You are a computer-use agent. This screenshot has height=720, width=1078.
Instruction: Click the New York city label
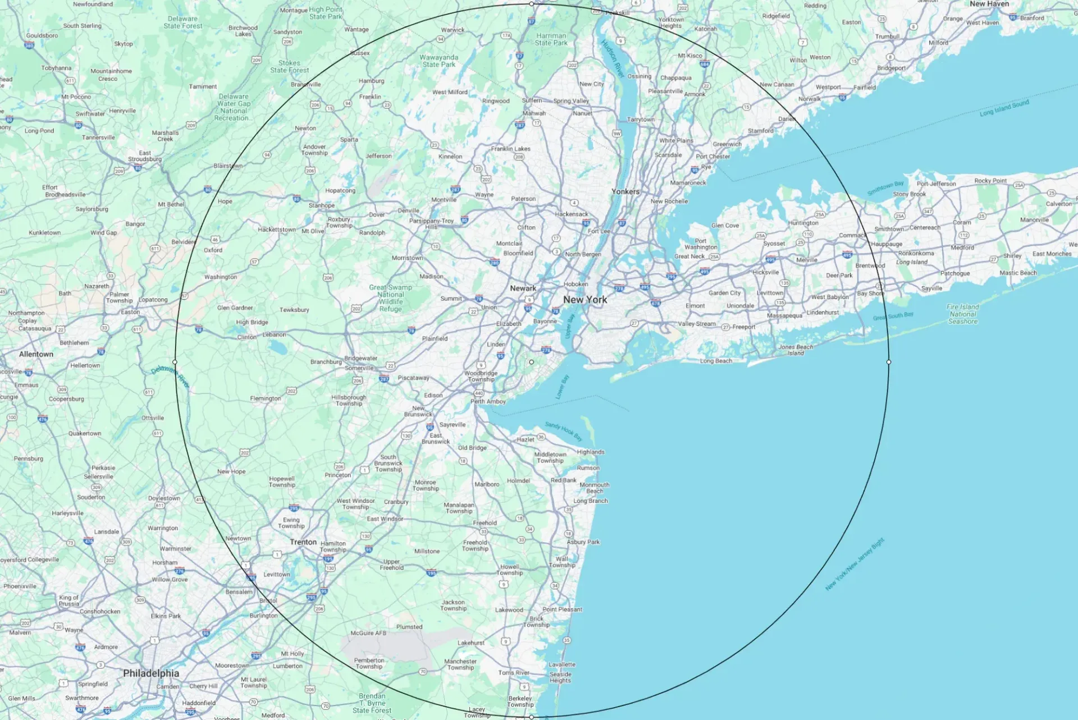[585, 300]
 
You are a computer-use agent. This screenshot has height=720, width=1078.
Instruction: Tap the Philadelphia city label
[151, 673]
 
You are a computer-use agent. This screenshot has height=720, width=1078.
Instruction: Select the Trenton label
[303, 542]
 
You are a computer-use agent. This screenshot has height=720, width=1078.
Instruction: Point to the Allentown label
[36, 354]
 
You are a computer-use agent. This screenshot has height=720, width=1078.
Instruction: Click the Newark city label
[523, 288]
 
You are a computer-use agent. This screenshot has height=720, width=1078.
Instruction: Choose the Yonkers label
[625, 191]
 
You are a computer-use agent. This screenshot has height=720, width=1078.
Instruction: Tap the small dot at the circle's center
[532, 362]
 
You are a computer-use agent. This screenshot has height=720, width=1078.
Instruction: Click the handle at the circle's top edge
[532, 4]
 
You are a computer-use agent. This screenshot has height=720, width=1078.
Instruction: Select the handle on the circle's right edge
[889, 362]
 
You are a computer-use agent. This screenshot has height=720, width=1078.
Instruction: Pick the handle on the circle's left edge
[175, 362]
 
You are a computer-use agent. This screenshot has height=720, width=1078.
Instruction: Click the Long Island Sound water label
[1004, 108]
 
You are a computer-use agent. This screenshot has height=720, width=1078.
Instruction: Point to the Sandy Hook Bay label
[563, 431]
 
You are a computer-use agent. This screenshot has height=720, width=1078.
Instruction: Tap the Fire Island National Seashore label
[962, 314]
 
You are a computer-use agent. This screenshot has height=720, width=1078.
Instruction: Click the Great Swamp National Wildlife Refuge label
[390, 298]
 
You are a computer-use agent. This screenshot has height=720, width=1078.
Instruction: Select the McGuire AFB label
[368, 633]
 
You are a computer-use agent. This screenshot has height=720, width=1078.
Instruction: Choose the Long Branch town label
[590, 501]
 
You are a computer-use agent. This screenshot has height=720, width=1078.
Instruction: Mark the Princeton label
[337, 475]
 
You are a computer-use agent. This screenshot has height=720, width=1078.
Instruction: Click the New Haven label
[989, 4]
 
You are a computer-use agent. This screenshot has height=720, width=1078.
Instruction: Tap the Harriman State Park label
[551, 39]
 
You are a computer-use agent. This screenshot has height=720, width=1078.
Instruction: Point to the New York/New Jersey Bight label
[855, 564]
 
